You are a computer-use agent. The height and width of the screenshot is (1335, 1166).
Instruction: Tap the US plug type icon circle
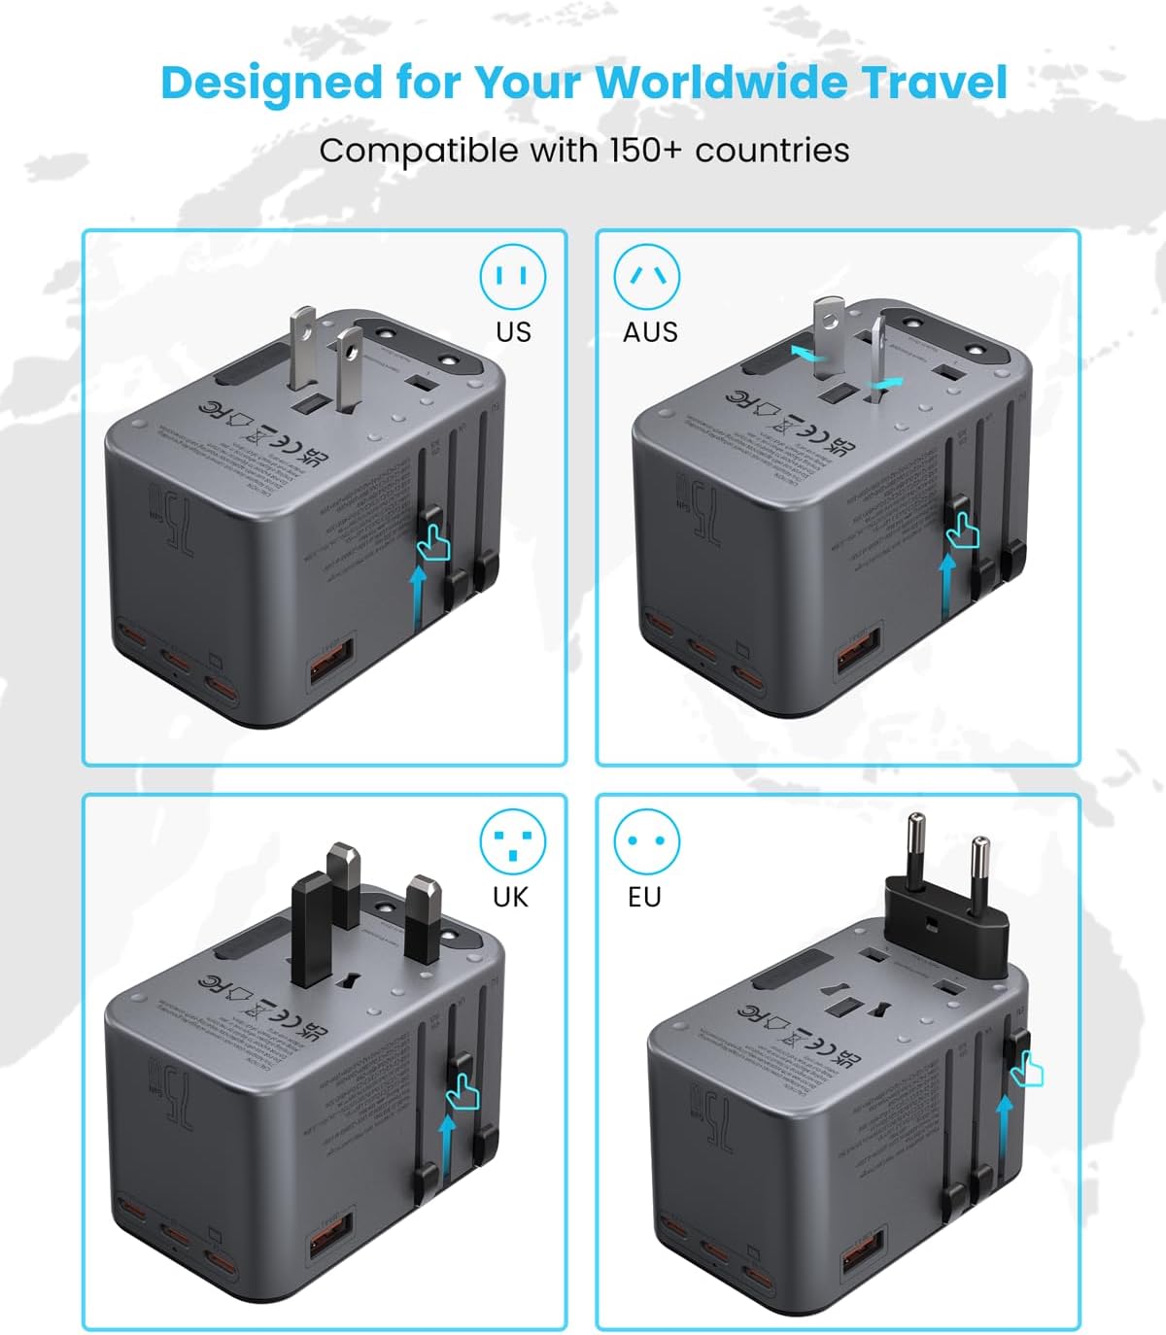coord(513,277)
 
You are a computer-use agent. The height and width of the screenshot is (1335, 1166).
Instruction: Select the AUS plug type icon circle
coord(647,277)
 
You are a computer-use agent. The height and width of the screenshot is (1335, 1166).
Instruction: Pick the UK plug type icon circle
coord(512,841)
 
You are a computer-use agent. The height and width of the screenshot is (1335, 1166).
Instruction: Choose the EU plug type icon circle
coord(647,841)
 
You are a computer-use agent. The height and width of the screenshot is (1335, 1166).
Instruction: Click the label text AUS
coord(650,332)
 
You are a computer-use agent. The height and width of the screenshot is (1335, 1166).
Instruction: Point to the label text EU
coord(644,897)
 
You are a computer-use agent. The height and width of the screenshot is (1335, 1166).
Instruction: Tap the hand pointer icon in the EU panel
coord(1026,1071)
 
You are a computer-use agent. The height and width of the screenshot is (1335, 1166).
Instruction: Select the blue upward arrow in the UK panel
coord(447,1150)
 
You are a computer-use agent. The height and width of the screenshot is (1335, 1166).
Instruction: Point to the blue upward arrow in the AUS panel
coord(948,589)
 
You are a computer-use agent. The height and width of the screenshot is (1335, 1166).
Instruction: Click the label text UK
coord(510,897)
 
